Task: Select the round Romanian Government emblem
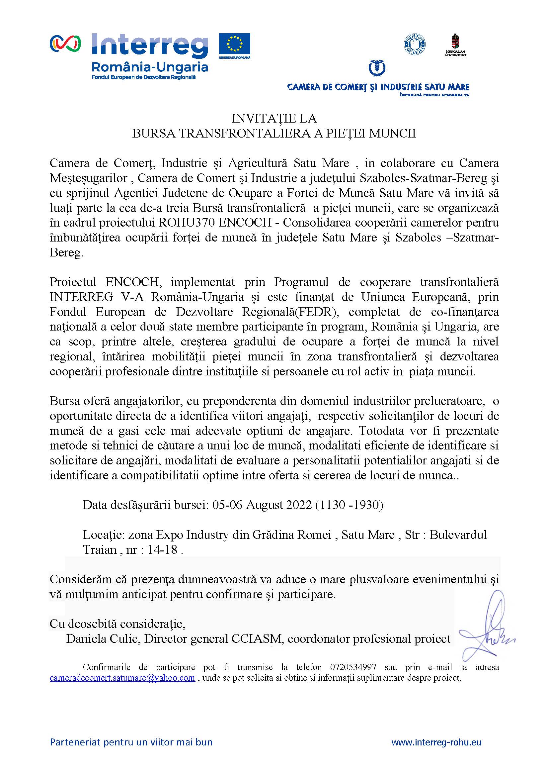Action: (415, 44)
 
